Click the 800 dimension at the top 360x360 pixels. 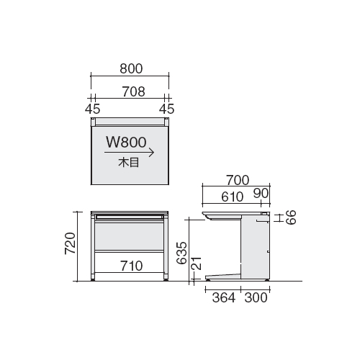pyautogui.click(x=131, y=68)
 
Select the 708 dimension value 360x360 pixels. pyautogui.click(x=133, y=91)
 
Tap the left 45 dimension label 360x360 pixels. pyautogui.click(x=92, y=109)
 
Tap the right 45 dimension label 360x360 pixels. pyautogui.click(x=166, y=109)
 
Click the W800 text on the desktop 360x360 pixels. pyautogui.click(x=126, y=142)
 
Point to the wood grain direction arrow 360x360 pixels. pyautogui.click(x=129, y=153)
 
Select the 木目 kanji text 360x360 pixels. pyautogui.click(x=129, y=163)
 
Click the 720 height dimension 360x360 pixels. pyautogui.click(x=71, y=243)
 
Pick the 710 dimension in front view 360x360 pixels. pyautogui.click(x=132, y=266)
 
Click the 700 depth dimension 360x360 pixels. pyautogui.click(x=238, y=180)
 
